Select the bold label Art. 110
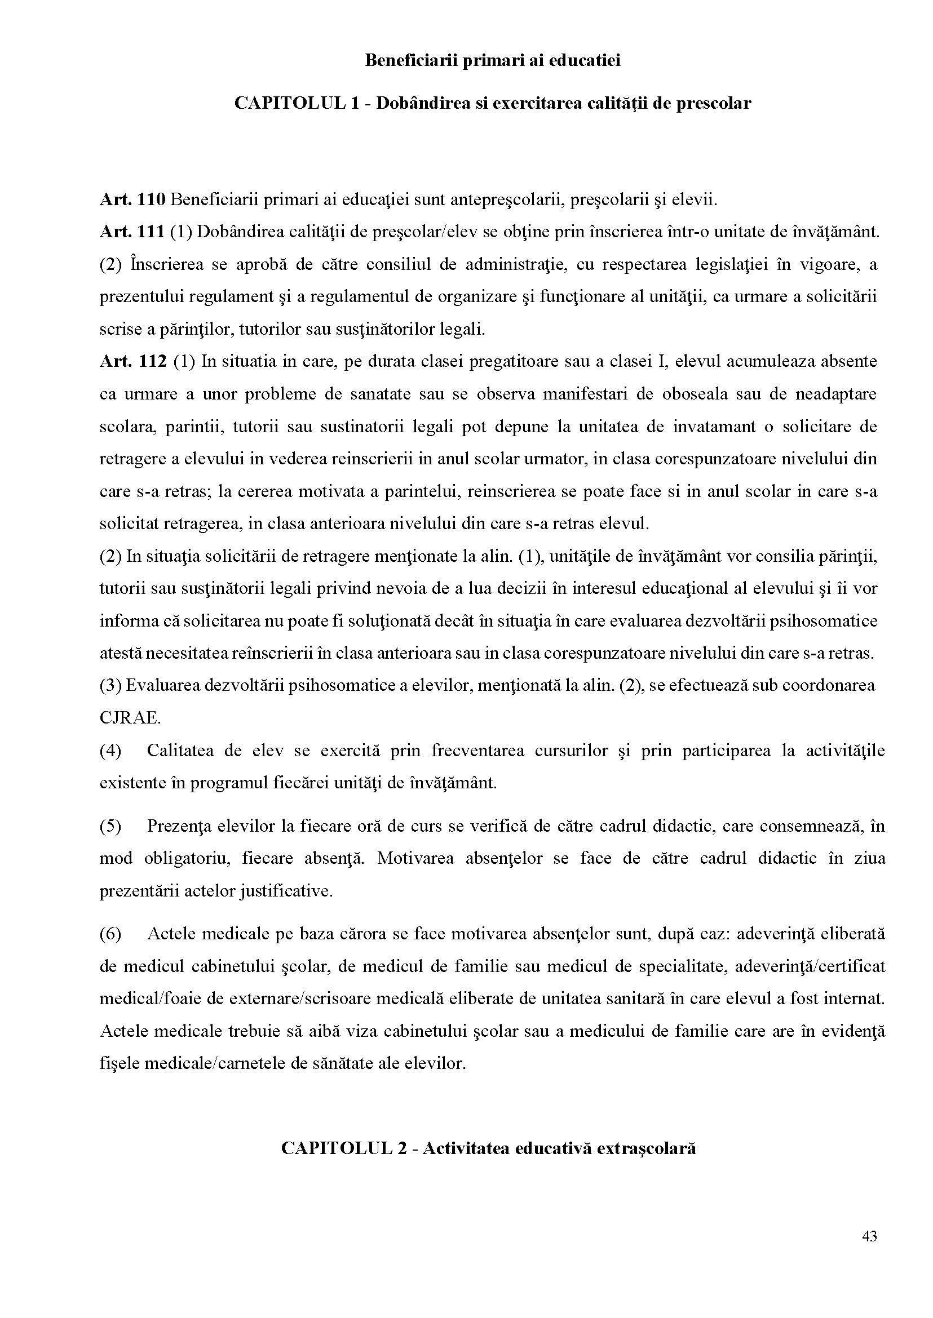pos(132,200)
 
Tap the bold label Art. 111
pos(132,232)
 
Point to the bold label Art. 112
pos(132,362)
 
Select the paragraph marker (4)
pos(110,751)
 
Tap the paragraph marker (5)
pos(110,826)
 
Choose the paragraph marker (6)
pos(110,934)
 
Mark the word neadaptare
pos(836,394)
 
